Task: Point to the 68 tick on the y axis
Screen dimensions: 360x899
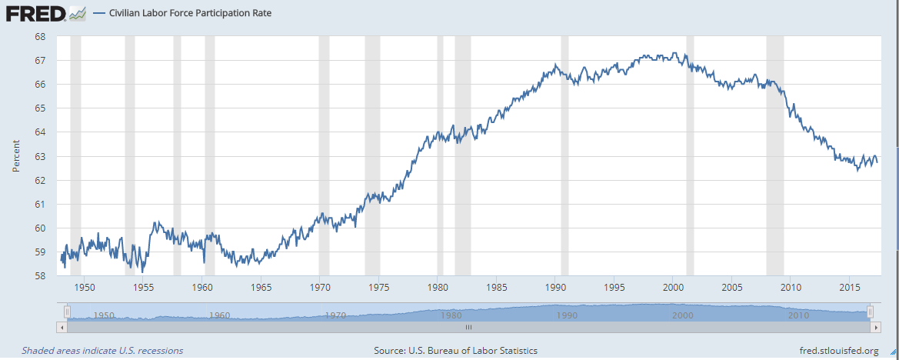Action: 41,36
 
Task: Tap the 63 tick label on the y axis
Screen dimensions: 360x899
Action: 41,156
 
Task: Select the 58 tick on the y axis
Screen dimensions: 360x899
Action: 41,276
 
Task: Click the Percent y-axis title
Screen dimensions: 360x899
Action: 15,156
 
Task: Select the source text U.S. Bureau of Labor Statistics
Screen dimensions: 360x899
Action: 455,351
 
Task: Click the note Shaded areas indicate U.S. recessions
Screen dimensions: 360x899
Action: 102,351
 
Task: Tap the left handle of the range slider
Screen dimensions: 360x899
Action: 67,312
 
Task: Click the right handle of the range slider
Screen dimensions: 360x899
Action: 870,312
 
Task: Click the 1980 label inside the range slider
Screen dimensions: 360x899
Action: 451,315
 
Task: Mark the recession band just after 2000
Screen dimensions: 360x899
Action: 690,154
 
